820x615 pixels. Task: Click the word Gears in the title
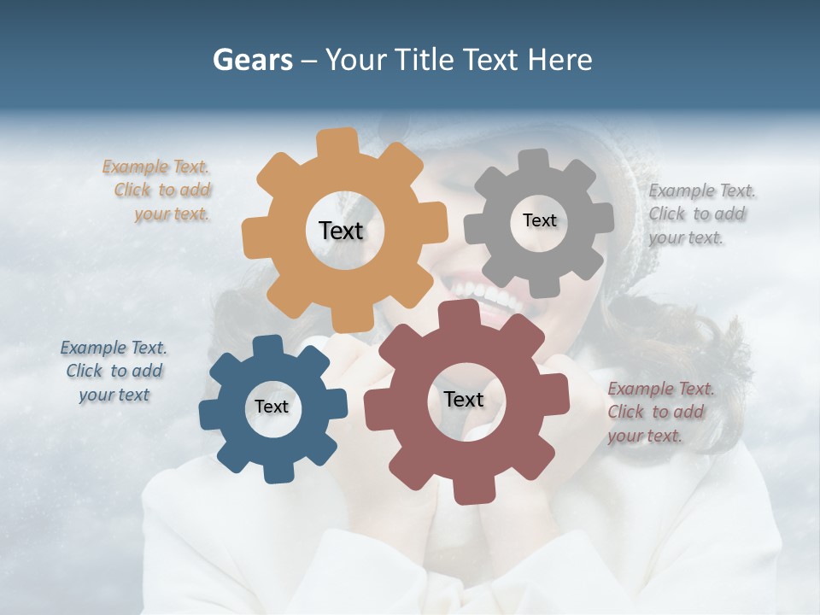(x=252, y=60)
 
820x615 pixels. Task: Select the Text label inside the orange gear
(x=341, y=231)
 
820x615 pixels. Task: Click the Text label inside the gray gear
(x=539, y=220)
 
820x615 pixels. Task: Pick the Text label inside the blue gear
(x=272, y=407)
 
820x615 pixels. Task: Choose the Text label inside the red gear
(x=464, y=399)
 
